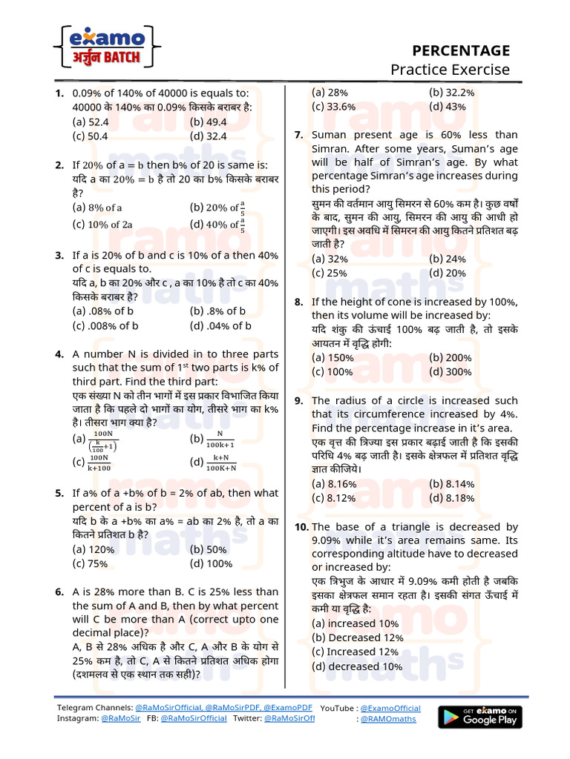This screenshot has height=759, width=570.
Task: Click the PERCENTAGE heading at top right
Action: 461,50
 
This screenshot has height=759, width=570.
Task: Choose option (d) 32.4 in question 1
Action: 208,136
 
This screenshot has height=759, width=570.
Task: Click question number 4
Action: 59,354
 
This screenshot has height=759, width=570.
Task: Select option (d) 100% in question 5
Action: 211,563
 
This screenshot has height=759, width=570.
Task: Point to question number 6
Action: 59,591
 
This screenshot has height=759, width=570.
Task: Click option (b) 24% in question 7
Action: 448,259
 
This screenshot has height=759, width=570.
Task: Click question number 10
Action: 301,526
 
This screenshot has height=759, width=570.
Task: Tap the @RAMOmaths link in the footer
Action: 388,719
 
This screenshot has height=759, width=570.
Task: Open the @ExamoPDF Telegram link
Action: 285,708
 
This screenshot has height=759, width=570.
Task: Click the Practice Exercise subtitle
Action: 451,70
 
